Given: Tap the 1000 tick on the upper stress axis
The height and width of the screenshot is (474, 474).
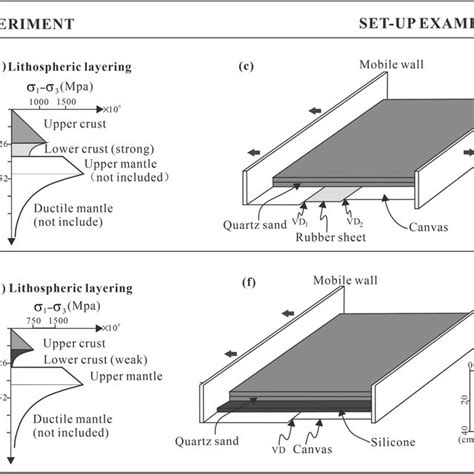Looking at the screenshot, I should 41,101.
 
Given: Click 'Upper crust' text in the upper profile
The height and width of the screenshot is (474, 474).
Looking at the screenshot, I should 75,126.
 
